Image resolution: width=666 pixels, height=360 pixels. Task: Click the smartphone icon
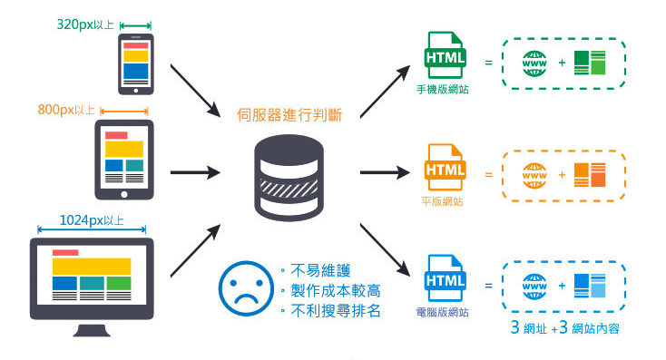click(136, 63)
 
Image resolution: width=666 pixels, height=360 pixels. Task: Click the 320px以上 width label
click(85, 24)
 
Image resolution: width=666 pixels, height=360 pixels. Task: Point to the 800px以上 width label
click(66, 110)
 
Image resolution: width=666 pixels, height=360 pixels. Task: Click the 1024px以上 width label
click(92, 220)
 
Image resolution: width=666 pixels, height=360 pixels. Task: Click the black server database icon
click(289, 177)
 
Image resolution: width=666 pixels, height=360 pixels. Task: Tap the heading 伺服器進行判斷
click(289, 114)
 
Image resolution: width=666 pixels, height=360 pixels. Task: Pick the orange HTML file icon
click(445, 170)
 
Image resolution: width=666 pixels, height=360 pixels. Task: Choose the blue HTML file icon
click(445, 283)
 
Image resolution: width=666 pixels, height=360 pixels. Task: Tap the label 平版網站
click(443, 201)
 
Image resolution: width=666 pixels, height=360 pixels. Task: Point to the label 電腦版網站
click(443, 313)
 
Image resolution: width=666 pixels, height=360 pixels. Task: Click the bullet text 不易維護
click(320, 270)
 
